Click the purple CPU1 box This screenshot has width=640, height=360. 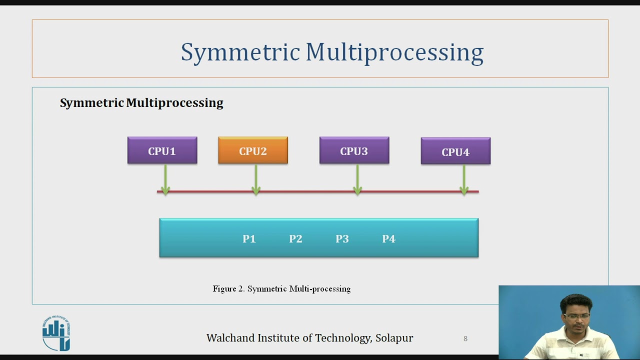[162, 150]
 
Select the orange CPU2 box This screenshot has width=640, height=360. [252, 150]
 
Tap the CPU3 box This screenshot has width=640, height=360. [354, 150]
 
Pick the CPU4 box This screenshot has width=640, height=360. [455, 151]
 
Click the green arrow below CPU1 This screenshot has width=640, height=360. [165, 179]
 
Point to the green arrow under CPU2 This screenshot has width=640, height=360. [256, 179]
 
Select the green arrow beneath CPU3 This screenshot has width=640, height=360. [357, 179]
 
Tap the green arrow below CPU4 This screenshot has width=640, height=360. [464, 179]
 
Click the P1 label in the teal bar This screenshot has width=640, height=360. [249, 239]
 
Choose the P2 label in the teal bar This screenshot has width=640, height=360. [295, 239]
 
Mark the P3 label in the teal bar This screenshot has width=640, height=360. [342, 239]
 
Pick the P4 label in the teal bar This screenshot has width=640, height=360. [388, 239]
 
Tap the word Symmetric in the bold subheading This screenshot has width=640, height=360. [91, 103]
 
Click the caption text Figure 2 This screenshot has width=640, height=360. [228, 289]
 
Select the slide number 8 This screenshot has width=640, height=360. [465, 338]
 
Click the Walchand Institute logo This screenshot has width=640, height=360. [56, 333]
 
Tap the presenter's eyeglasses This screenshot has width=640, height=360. [576, 316]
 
